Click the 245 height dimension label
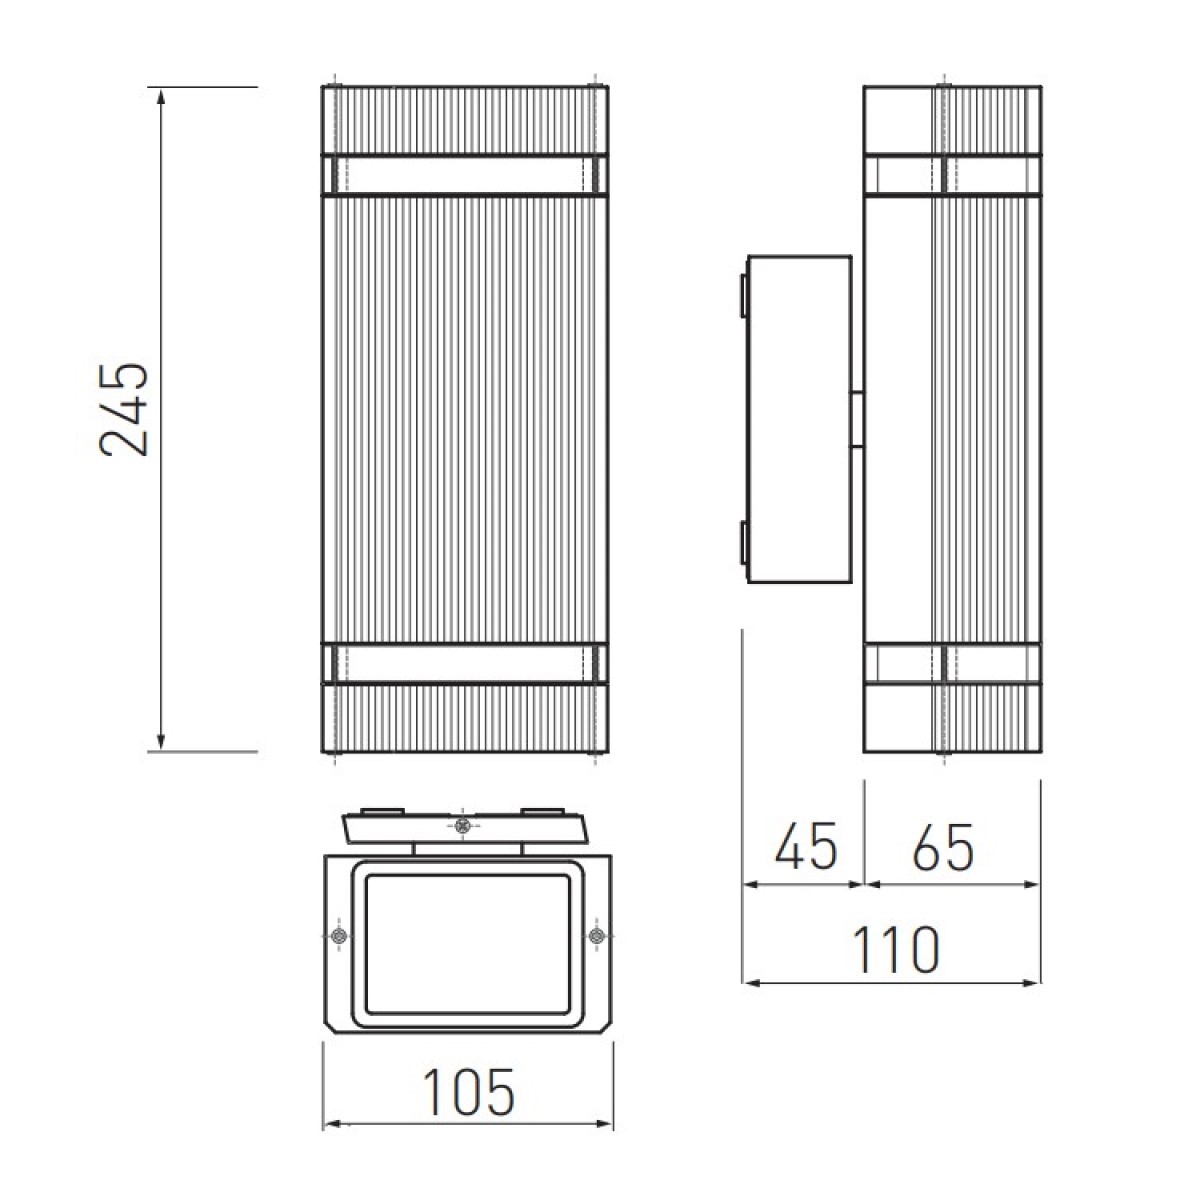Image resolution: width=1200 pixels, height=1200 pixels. (124, 410)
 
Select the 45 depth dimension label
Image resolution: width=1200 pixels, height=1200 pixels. (806, 847)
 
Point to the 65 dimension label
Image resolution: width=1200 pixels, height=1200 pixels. (943, 847)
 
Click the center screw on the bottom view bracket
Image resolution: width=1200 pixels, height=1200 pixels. (461, 826)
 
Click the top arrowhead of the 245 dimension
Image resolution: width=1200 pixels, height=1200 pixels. (161, 98)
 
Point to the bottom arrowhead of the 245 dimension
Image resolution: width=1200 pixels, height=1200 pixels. (161, 740)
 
